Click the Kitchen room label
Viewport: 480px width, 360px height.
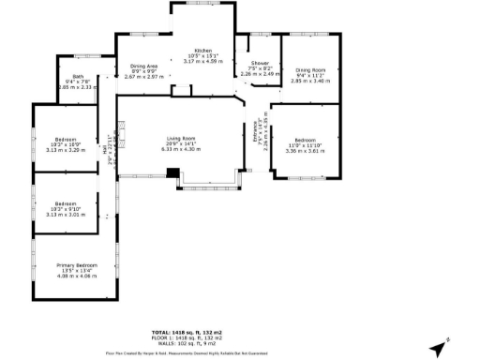(x=202, y=50)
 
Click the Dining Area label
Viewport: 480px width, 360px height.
(x=143, y=66)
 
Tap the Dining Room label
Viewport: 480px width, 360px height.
(x=309, y=69)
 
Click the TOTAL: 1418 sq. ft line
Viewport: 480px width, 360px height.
(x=187, y=333)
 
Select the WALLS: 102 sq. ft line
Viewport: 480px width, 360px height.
(x=187, y=343)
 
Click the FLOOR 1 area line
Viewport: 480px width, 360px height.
(x=187, y=338)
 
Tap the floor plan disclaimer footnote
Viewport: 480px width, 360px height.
(x=187, y=353)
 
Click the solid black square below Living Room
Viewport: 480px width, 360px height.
(x=172, y=172)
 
